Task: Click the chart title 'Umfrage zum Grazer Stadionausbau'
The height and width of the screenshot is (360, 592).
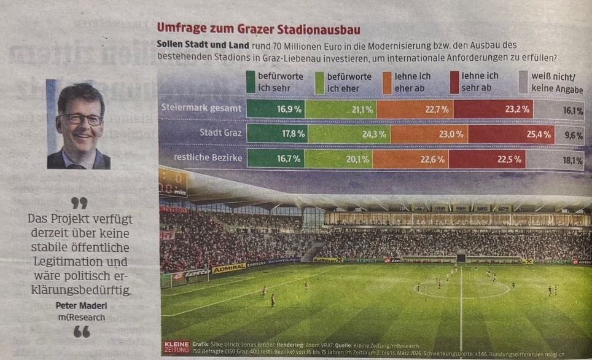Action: point(258,28)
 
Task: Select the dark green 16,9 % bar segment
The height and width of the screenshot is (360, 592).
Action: point(275,109)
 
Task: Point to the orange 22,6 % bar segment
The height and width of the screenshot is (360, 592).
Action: point(410,160)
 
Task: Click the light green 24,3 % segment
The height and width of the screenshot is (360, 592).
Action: point(347,135)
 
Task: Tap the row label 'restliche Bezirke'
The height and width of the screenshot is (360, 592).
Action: point(208,157)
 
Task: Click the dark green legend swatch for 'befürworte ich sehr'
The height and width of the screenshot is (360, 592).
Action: point(251,82)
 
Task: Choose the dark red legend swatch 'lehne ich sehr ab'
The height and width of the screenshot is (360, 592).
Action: point(454,82)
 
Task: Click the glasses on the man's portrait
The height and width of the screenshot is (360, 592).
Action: point(82,119)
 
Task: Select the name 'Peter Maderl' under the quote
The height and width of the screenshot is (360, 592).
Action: point(81,305)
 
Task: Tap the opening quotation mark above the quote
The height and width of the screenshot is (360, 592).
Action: point(79,203)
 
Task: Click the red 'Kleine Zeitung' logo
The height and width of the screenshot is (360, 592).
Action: point(176,347)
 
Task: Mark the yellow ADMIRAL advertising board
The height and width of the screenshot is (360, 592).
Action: point(228,268)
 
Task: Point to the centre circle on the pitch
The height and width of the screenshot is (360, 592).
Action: point(461,288)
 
